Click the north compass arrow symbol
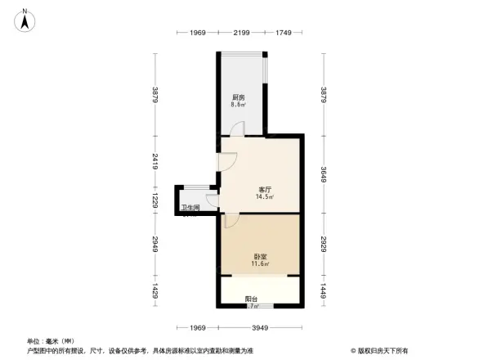click(26, 20)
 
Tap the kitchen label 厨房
click(238, 97)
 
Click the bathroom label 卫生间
click(191, 208)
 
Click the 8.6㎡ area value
click(238, 105)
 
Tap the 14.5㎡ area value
click(264, 197)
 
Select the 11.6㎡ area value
click(260, 264)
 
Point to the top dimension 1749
click(283, 32)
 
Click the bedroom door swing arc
click(231, 220)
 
